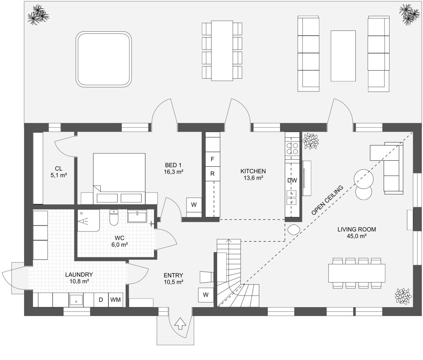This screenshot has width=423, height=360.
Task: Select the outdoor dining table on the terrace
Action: point(222,50)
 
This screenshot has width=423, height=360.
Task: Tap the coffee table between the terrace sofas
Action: point(343,55)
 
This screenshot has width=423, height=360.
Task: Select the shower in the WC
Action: point(88,220)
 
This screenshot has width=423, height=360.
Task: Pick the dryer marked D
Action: point(101,300)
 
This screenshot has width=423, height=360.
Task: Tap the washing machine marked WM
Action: point(115,300)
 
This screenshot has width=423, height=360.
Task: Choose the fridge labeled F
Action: point(213,159)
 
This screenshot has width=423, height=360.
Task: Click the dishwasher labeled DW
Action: point(292,180)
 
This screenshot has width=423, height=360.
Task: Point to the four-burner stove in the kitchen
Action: point(292,148)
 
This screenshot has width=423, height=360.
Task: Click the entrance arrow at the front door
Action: point(180,323)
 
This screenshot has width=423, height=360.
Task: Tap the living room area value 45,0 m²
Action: point(357,236)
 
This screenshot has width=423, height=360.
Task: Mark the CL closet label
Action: point(58,168)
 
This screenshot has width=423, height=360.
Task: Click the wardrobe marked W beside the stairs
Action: point(206,294)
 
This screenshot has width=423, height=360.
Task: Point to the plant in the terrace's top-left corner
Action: point(38,15)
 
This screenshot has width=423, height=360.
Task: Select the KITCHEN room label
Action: point(253,171)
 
